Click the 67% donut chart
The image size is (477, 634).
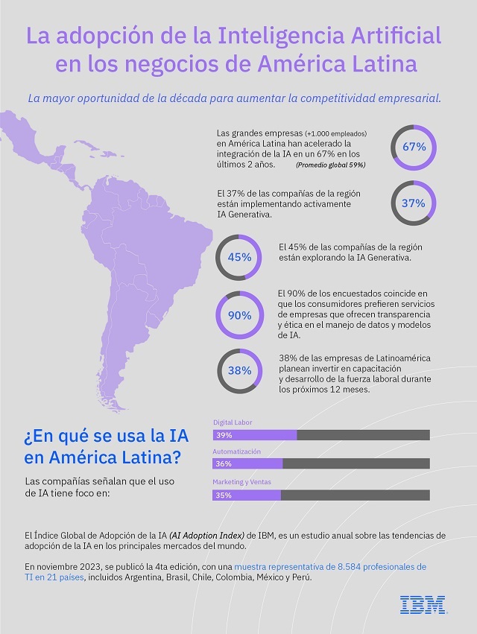pos(414,147)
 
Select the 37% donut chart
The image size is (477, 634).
pos(414,203)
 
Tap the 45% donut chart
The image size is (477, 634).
pos(238,258)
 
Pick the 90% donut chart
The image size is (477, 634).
pos(238,315)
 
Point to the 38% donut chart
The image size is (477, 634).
pos(238,370)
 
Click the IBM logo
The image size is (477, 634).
pos(423,604)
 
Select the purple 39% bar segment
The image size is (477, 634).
pos(255,434)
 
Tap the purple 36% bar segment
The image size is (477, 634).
pos(247,464)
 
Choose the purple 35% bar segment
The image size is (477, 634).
pos(247,495)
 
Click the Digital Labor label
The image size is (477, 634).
pos(233,422)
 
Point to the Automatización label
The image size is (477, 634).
pos(237,452)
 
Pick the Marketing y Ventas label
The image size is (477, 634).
pos(242,482)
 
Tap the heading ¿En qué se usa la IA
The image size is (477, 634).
pos(104,434)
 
